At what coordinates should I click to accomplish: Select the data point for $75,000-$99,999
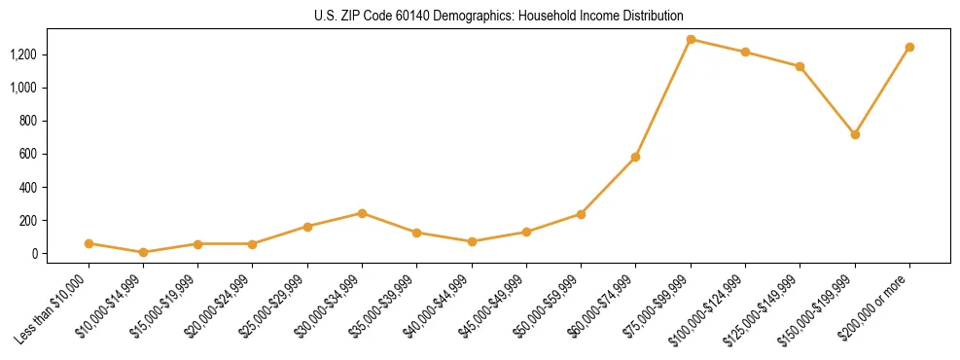click(x=691, y=40)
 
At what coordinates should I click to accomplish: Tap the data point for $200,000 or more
click(x=909, y=47)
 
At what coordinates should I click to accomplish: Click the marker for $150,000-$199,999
click(x=855, y=134)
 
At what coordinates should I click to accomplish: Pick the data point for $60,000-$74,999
click(x=636, y=157)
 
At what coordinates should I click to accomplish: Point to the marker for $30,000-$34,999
click(x=362, y=213)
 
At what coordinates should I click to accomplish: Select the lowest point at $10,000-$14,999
click(x=143, y=252)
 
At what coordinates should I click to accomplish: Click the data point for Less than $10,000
click(x=89, y=243)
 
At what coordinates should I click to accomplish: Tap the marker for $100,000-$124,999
click(x=745, y=53)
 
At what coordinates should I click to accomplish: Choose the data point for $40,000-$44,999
click(x=472, y=241)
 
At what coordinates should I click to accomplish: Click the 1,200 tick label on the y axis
click(x=23, y=54)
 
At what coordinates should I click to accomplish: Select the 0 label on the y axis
click(x=34, y=253)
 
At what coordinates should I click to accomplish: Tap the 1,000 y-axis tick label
click(x=23, y=88)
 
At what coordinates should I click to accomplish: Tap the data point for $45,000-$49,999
click(x=526, y=232)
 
